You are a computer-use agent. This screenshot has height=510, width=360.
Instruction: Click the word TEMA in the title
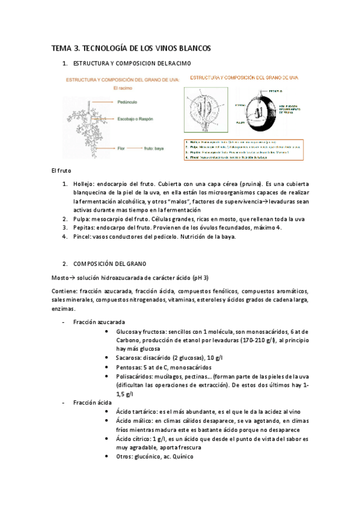coord(61,48)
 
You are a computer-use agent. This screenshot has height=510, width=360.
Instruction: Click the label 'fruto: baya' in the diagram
coord(162,146)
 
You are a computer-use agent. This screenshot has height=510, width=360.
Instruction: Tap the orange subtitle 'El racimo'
coord(122,88)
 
